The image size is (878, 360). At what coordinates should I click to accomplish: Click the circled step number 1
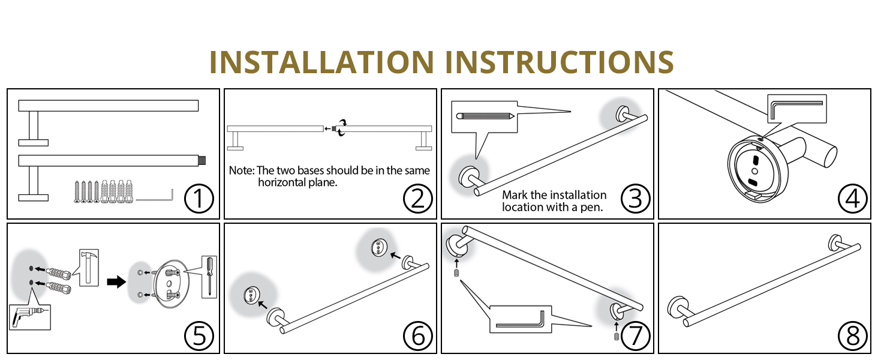(x=199, y=199)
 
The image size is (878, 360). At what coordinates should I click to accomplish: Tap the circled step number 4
(x=852, y=199)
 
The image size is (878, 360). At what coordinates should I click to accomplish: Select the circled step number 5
(x=199, y=335)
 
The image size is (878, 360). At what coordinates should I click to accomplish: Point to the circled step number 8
(x=852, y=335)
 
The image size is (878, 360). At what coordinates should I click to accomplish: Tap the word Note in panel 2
(x=240, y=171)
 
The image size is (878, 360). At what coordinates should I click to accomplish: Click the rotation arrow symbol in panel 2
(x=342, y=128)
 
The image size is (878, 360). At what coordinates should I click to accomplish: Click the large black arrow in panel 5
(x=115, y=282)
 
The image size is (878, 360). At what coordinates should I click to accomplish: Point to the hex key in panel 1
(x=155, y=197)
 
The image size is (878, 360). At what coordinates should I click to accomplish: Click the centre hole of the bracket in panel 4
(x=754, y=172)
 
